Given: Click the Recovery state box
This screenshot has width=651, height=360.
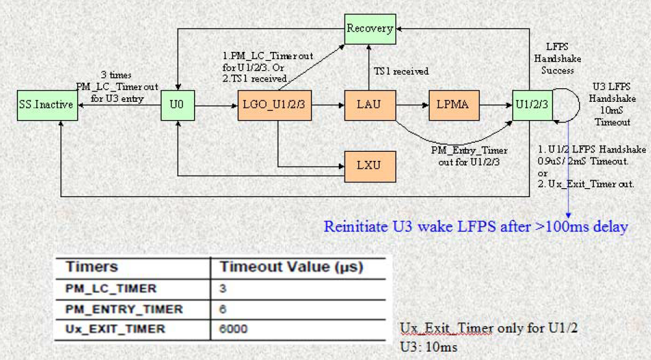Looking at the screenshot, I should (x=369, y=29).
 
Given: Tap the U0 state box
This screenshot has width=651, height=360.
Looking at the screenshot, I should (x=177, y=105).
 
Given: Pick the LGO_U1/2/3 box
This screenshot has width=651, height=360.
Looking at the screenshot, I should (x=274, y=105).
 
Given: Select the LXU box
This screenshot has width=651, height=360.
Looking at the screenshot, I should (x=370, y=165).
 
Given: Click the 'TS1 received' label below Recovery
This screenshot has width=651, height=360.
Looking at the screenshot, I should (x=400, y=71).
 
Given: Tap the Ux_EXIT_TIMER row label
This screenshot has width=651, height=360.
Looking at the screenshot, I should (x=115, y=329).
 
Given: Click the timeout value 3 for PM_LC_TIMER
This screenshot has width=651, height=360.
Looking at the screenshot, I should (x=223, y=288).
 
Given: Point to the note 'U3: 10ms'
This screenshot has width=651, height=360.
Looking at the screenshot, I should (x=428, y=347).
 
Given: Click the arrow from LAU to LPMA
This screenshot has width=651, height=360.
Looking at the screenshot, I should (x=412, y=105).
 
